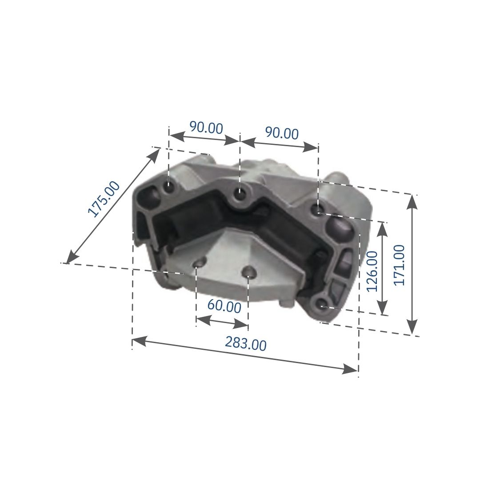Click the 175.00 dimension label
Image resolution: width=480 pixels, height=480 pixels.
[104, 199]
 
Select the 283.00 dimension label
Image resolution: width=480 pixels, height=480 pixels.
[246, 343]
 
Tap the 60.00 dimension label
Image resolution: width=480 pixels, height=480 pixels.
[224, 306]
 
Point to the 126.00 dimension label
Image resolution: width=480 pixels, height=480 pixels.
[372, 271]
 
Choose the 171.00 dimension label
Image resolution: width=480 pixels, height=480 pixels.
[399, 265]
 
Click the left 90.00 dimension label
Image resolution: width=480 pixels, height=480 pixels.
[206, 128]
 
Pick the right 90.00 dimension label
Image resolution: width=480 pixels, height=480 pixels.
[282, 133]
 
